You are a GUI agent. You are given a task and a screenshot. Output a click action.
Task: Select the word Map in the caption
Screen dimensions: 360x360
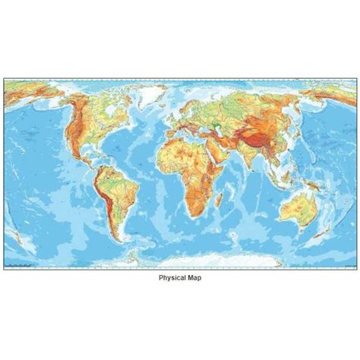coord(194,278)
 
